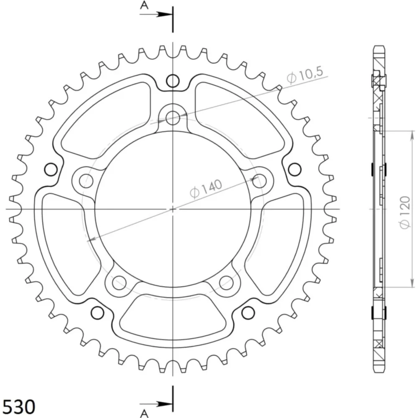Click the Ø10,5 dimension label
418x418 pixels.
305,75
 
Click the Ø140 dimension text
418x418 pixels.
206,189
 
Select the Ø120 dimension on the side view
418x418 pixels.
405,212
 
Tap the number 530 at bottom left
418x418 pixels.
19,407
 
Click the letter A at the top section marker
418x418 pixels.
144,5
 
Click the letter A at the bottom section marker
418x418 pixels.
144,413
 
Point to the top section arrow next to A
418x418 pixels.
156,14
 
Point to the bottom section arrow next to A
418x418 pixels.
156,404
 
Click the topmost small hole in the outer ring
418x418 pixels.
173,81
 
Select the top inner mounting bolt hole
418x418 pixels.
173,118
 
